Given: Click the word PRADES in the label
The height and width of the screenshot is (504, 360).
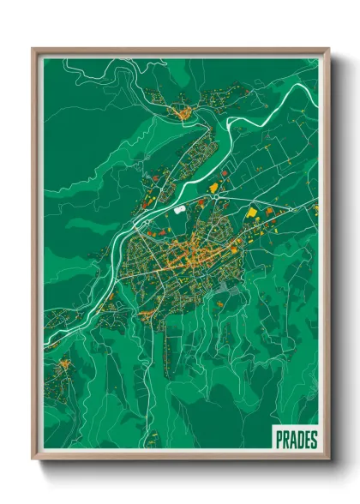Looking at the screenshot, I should click(x=297, y=440).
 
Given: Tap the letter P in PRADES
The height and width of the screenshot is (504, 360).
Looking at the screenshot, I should click(x=280, y=440).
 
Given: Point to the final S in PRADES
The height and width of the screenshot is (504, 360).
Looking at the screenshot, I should click(x=314, y=440).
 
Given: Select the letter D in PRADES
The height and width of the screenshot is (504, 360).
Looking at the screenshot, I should click(x=300, y=440).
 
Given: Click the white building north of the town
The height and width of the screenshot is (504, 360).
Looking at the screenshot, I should click(x=179, y=207).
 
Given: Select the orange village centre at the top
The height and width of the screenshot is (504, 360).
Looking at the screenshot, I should click(x=182, y=111).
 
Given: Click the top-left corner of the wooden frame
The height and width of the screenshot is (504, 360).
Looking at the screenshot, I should click(x=33, y=50).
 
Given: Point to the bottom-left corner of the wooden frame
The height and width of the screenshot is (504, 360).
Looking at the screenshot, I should click(x=33, y=460).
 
